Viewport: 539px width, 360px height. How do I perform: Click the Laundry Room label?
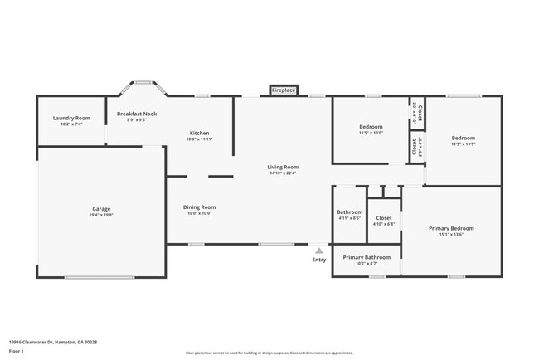[x=71, y=119]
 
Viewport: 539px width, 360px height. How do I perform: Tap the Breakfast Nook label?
[x=137, y=114]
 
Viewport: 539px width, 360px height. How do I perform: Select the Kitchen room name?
[x=200, y=133]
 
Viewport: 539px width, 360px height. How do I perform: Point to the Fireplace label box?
[x=284, y=90]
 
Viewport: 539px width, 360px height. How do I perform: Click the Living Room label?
[x=283, y=167]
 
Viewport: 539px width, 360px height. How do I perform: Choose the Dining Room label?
[x=199, y=207]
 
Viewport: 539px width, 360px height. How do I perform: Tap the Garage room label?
[x=101, y=209]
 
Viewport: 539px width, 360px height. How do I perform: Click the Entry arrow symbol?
[x=319, y=250]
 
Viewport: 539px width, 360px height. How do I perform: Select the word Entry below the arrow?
[x=319, y=260]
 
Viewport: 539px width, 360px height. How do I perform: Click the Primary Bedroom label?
[x=451, y=228]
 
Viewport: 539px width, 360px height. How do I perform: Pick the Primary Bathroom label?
[x=367, y=257]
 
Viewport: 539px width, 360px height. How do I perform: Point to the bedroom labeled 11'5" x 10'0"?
[x=371, y=133]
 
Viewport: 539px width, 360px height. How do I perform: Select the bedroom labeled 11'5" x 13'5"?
[x=463, y=144]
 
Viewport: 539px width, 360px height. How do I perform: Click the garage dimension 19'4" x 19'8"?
[x=101, y=215]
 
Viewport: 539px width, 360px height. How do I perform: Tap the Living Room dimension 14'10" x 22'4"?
[x=283, y=173]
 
